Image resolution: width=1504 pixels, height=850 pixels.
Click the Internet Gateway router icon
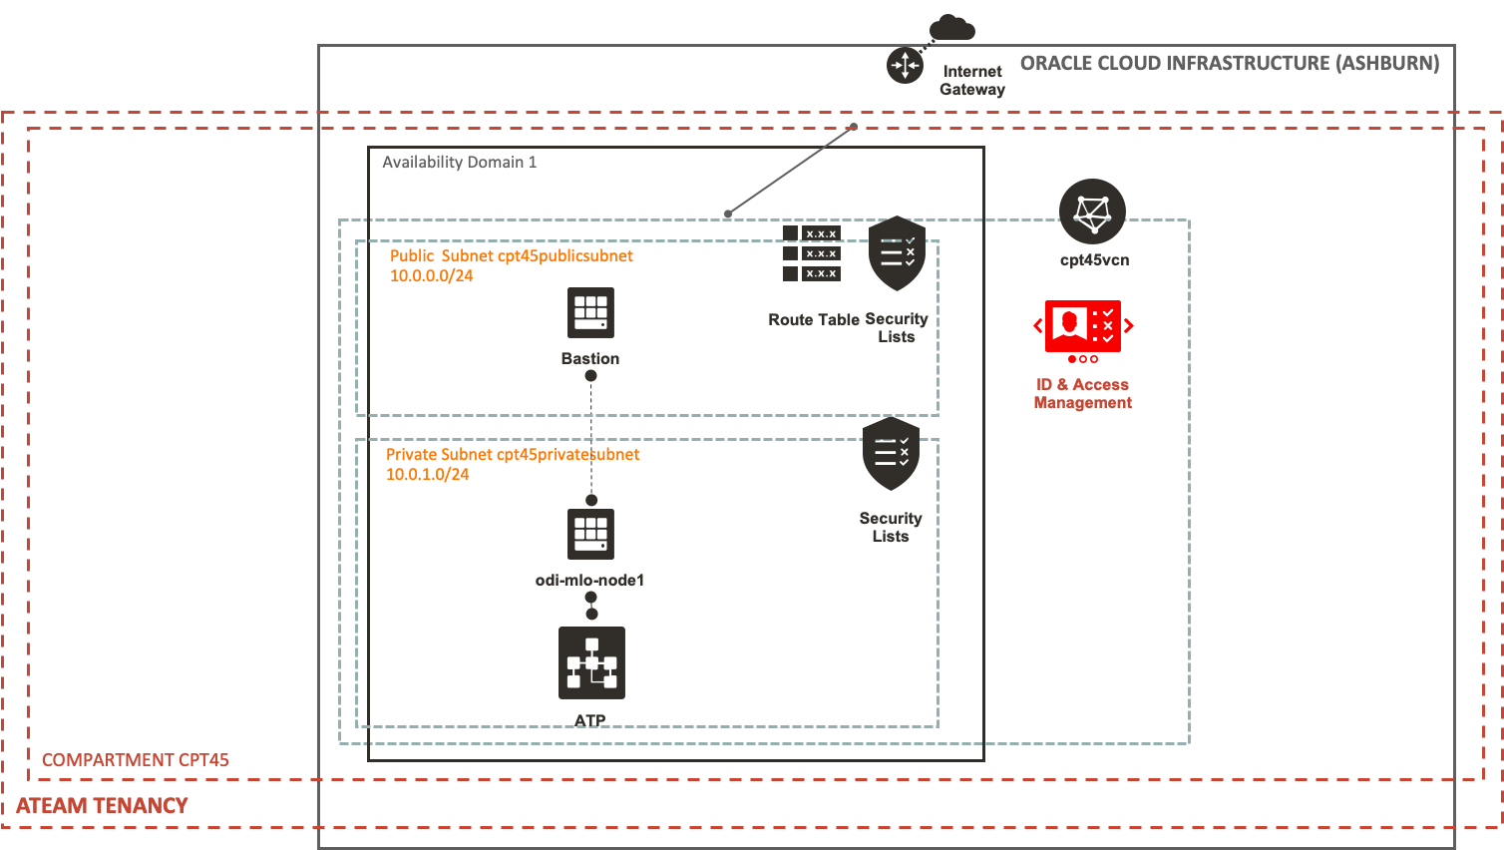905,66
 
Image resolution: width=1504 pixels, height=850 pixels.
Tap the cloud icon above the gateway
951,28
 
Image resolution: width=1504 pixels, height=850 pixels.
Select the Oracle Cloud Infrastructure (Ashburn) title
1229,64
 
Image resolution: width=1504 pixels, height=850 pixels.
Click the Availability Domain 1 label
459,162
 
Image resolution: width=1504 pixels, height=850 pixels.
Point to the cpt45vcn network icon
1092,212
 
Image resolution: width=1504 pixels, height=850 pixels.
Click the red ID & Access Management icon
1082,326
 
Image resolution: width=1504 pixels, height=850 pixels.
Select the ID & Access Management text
1082,393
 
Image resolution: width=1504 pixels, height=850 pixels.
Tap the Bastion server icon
590,313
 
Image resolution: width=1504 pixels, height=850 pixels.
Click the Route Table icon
811,253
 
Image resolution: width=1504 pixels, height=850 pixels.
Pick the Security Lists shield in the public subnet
897,253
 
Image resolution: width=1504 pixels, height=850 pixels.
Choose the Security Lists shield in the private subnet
891,454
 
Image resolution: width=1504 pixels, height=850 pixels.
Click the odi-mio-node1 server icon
590,534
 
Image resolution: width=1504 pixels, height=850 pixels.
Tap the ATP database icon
591,662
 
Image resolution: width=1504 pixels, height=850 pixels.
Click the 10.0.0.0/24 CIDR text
431,276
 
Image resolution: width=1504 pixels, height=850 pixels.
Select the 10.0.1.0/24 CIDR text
427,475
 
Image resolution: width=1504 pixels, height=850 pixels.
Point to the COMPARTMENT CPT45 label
136,760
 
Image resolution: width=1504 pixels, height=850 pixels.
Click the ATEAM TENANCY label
102,806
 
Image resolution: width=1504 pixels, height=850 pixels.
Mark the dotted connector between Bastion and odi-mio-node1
591,439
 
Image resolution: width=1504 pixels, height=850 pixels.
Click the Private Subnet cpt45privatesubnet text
513,455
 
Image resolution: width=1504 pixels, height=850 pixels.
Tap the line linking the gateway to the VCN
791,170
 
